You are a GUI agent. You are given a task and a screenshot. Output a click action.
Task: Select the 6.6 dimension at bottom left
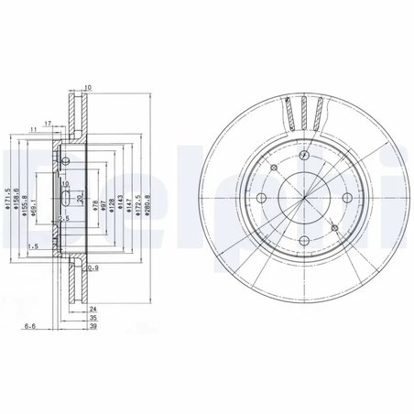(31, 325)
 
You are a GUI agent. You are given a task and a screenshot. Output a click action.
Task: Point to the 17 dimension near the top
(47, 123)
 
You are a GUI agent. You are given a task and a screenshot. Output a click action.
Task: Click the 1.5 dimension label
(33, 246)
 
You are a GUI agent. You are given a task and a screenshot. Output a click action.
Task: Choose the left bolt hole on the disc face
(260, 199)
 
